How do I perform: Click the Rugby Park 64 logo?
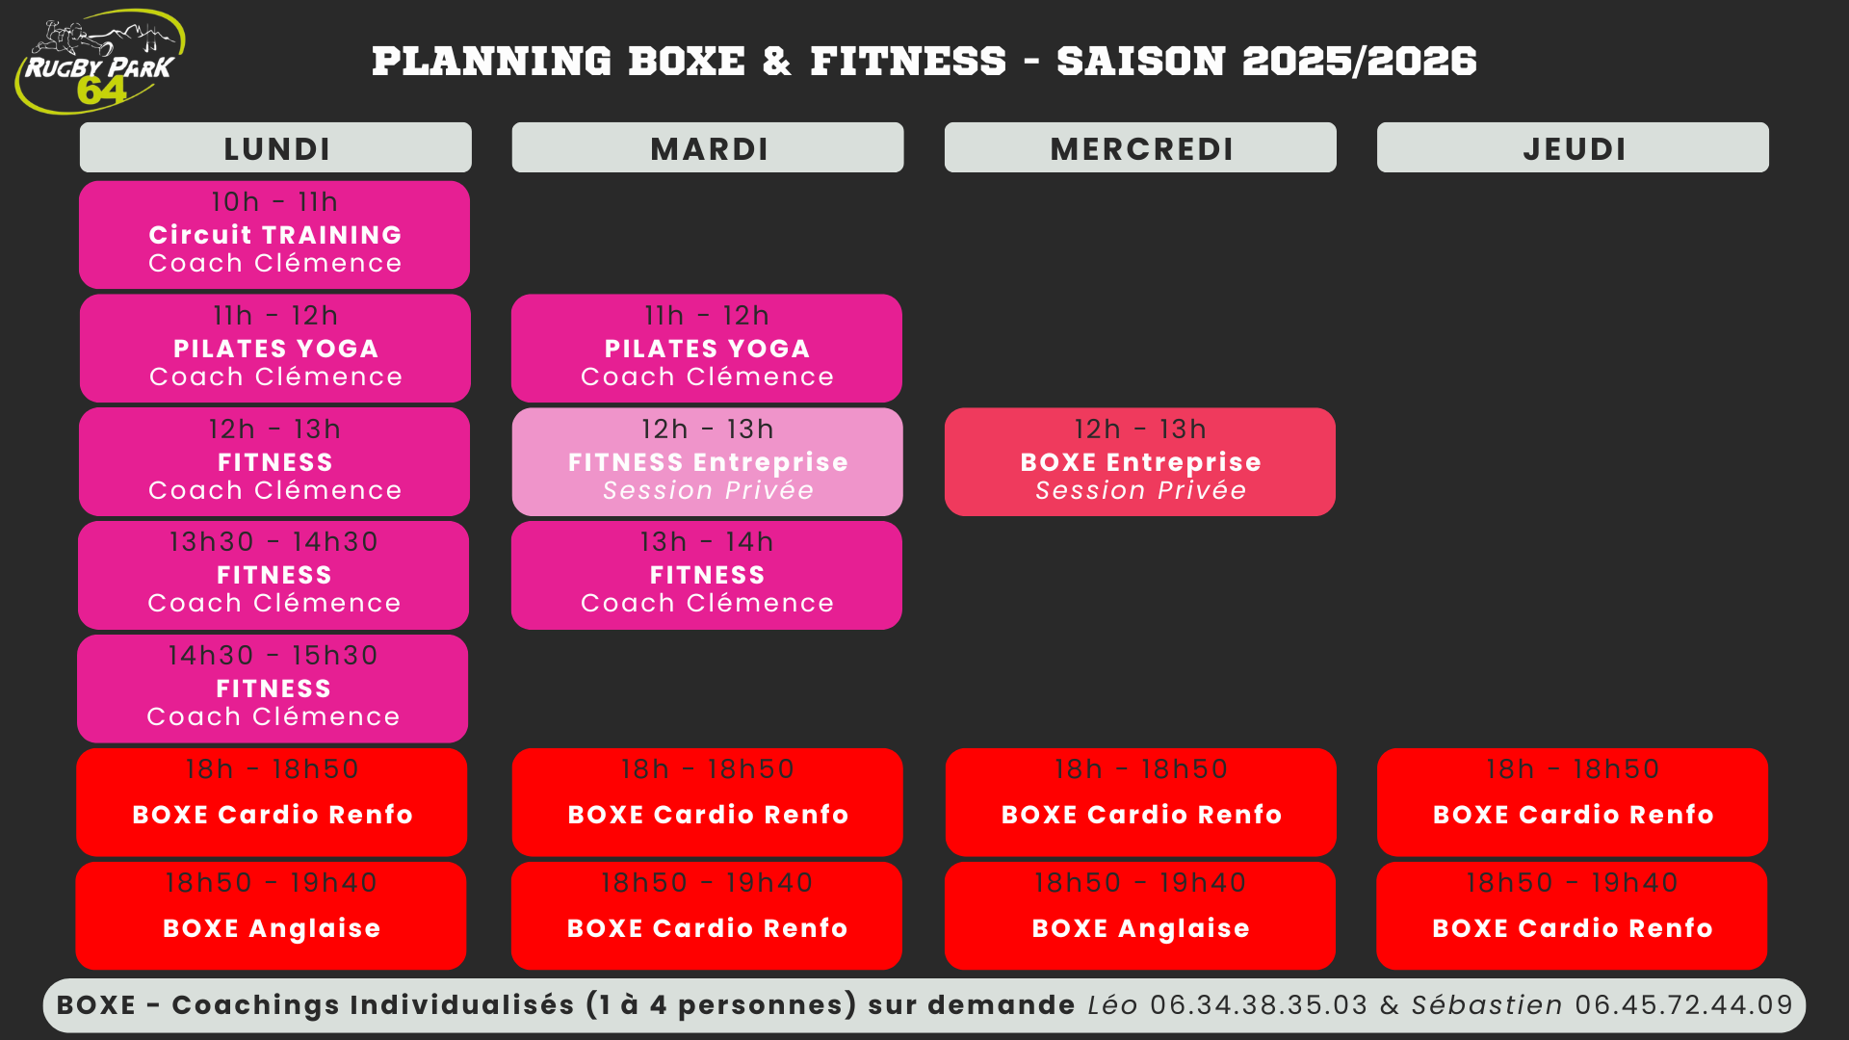(x=99, y=62)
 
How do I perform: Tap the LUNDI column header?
(x=275, y=148)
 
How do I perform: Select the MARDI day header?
(x=708, y=148)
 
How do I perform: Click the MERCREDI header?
(x=1140, y=148)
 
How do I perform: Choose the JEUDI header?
(x=1573, y=148)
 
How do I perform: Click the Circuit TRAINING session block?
(x=274, y=235)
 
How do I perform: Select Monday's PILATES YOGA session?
(x=275, y=349)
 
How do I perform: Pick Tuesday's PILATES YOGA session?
(x=707, y=349)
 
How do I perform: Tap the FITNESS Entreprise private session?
(x=708, y=462)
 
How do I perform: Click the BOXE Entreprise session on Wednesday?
(x=1140, y=462)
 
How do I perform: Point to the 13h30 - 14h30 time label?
(x=273, y=542)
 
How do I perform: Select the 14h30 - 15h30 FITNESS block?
(x=273, y=689)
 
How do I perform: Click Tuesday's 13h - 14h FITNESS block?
(x=707, y=575)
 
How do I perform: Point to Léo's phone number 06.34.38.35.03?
(x=1259, y=1005)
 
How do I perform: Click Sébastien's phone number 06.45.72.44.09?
(x=1684, y=1005)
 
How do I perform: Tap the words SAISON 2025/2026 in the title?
(x=1265, y=62)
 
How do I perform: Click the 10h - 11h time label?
(x=274, y=202)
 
